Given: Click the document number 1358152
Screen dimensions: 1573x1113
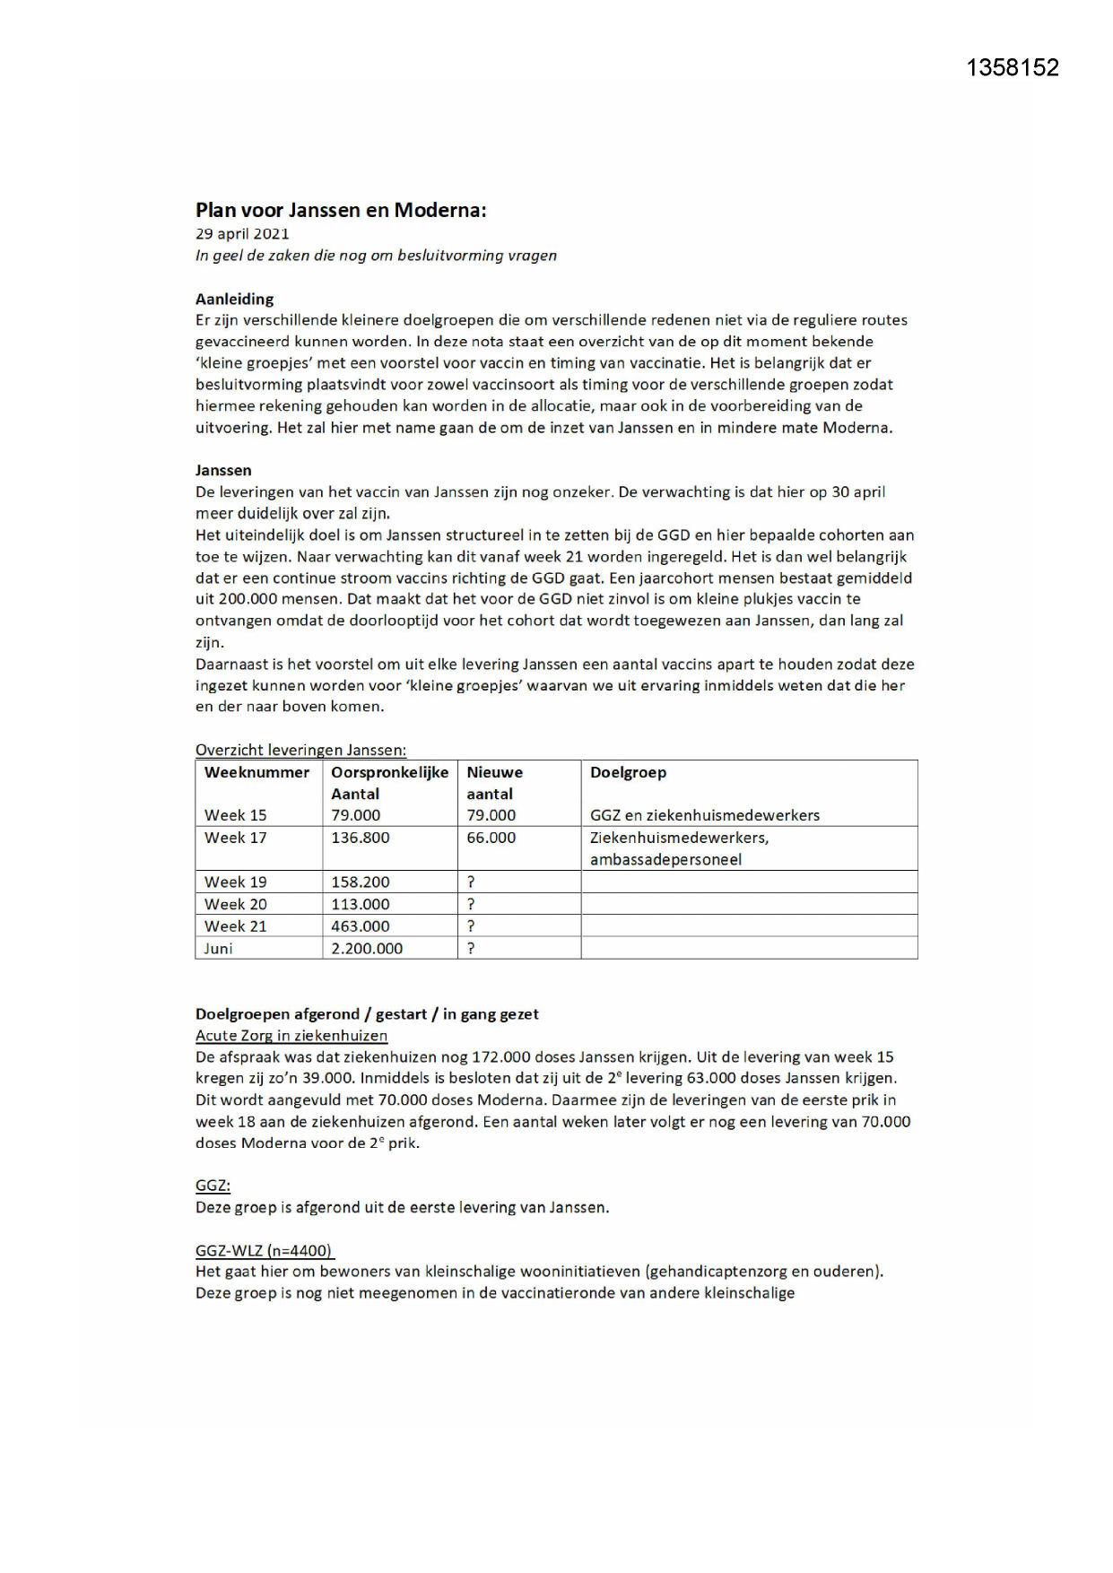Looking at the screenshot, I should pyautogui.click(x=1013, y=68).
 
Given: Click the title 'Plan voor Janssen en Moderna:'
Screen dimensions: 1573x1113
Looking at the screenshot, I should pyautogui.click(x=341, y=210).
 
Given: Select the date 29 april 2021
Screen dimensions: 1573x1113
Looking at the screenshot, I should pyautogui.click(x=242, y=233).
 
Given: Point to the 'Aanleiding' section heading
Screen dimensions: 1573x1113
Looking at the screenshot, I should pyautogui.click(x=234, y=299).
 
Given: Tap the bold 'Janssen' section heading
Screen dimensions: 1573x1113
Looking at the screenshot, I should pyautogui.click(x=223, y=470).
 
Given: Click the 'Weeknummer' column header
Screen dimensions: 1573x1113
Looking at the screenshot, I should pyautogui.click(x=257, y=772).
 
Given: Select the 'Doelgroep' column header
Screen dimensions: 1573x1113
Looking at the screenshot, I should pyautogui.click(x=628, y=772).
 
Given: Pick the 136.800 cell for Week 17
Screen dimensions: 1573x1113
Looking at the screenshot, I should pyautogui.click(x=360, y=838).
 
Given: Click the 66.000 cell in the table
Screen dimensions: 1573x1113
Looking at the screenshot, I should pyautogui.click(x=491, y=838).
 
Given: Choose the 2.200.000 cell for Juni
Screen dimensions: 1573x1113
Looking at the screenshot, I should pyautogui.click(x=367, y=948).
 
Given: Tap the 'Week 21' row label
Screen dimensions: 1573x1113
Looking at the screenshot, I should pyautogui.click(x=235, y=926).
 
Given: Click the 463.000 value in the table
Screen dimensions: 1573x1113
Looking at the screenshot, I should pyautogui.click(x=360, y=926).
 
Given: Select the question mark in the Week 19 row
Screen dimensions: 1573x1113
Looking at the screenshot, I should pyautogui.click(x=471, y=882).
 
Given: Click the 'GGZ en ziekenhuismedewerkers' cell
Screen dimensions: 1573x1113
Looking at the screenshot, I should pyautogui.click(x=704, y=815).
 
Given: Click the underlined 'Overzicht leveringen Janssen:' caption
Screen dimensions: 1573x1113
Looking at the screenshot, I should pyautogui.click(x=300, y=750).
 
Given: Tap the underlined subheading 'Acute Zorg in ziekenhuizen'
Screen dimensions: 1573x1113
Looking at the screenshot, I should pyautogui.click(x=291, y=1035).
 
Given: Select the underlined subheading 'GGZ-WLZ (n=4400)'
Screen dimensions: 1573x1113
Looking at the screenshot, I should pyautogui.click(x=265, y=1250).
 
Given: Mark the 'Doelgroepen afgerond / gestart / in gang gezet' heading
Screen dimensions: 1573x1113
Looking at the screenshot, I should pyautogui.click(x=367, y=1013).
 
